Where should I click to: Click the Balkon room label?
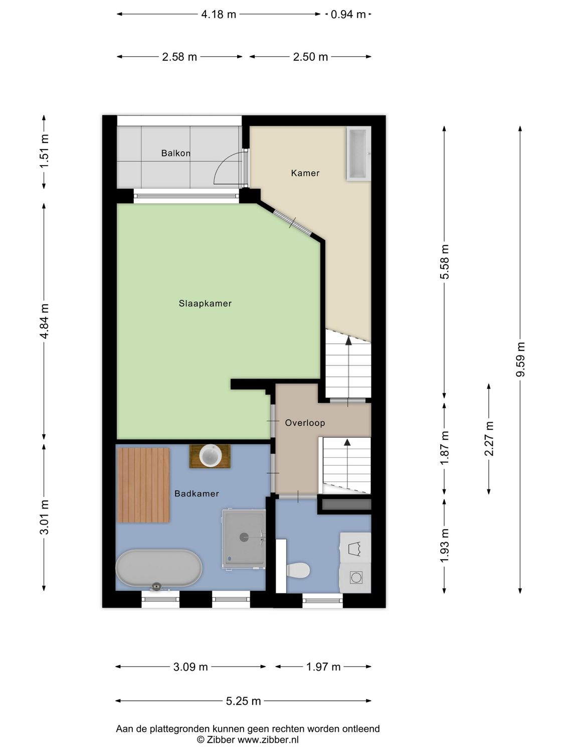click(175, 153)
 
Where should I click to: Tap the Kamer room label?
click(305, 173)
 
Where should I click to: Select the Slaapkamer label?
click(205, 303)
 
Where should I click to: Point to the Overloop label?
click(305, 423)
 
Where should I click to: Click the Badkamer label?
click(197, 493)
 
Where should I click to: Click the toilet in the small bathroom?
click(298, 570)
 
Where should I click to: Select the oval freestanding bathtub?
click(158, 568)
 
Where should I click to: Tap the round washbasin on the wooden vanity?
click(210, 456)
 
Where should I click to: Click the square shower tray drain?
click(244, 537)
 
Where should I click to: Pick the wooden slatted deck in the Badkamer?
click(143, 485)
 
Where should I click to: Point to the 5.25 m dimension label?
click(243, 701)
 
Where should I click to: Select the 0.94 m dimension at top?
click(348, 15)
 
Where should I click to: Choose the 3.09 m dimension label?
click(191, 667)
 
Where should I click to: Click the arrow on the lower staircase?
click(346, 442)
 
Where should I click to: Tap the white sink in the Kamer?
click(358, 154)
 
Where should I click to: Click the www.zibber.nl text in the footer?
click(268, 739)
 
